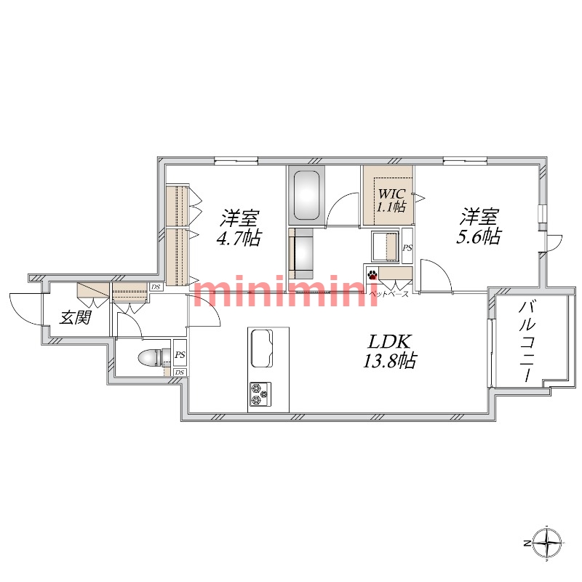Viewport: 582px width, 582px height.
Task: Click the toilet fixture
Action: coord(151,358)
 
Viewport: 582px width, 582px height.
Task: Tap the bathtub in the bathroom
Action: coord(306,195)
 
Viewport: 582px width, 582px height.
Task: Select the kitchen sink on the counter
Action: coord(262,348)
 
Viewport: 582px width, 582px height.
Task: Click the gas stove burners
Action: coord(260,394)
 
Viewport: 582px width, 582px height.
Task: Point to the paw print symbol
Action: coord(372,275)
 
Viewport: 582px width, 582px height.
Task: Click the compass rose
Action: coord(548,543)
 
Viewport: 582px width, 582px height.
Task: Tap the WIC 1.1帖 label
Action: coord(391,201)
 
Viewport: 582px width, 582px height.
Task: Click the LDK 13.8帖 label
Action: coord(389,351)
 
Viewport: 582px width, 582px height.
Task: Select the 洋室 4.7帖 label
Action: coord(239,228)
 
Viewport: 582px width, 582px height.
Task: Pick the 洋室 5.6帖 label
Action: coord(479,226)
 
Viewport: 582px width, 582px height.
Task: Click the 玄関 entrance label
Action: coord(76,318)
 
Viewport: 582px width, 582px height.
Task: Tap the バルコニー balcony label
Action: coord(527,342)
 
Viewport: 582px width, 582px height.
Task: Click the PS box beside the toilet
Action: coord(180,354)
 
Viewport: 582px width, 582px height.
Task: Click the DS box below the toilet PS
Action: coord(180,372)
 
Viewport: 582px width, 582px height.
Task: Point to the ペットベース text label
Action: coord(389,295)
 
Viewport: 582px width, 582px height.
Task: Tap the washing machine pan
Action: coord(386,247)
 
